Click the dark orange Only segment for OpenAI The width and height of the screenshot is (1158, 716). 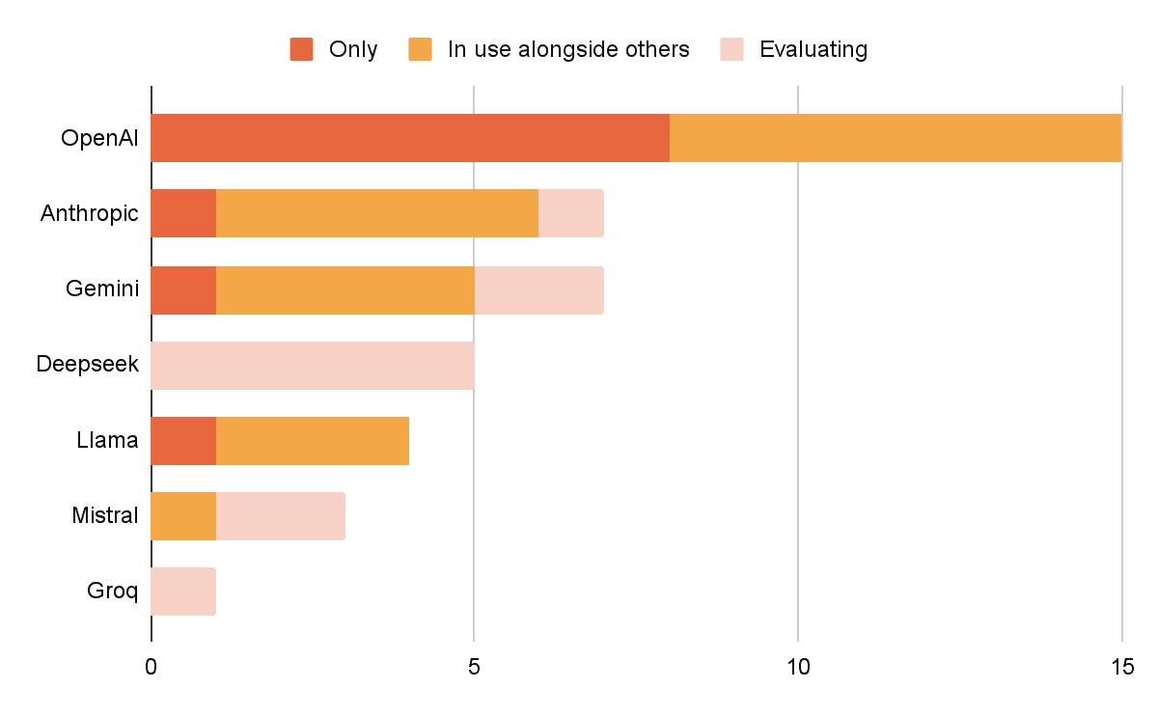(x=410, y=138)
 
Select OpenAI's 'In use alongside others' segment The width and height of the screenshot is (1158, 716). (x=895, y=138)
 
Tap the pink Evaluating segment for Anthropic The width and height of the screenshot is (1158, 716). (x=570, y=213)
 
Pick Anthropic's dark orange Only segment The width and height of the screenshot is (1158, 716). (x=183, y=213)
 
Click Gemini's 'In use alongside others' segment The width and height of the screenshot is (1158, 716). (x=345, y=289)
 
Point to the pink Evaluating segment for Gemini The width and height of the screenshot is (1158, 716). (x=538, y=289)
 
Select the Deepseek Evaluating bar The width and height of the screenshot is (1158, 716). (x=313, y=365)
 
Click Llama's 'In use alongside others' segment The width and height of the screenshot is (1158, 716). (x=313, y=441)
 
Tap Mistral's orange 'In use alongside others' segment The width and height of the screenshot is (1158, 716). (x=183, y=516)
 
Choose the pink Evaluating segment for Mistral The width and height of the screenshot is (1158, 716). (x=280, y=516)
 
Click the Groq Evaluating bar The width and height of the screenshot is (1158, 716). (x=183, y=592)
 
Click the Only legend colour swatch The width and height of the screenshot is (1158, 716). (x=302, y=49)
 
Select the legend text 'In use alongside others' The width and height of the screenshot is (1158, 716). (x=568, y=49)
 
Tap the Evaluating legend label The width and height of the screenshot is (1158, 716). (x=813, y=49)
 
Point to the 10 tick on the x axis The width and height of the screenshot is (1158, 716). (x=798, y=668)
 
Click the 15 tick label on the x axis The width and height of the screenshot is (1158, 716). (x=1120, y=668)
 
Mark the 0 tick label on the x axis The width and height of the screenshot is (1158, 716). (x=152, y=668)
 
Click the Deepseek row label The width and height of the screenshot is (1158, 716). (x=88, y=365)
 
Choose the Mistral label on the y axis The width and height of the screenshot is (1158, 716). (x=105, y=516)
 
